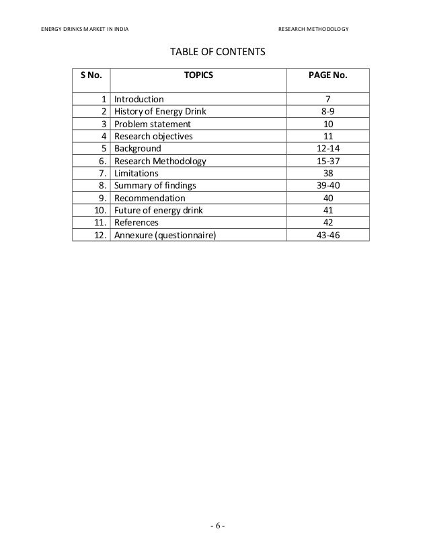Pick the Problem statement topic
tap(153, 124)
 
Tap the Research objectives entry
tap(153, 136)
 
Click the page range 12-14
tap(327, 149)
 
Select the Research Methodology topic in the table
tap(161, 162)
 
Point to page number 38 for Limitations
tap(327, 174)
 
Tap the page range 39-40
tap(327, 186)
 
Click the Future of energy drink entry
tap(159, 210)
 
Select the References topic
tap(136, 222)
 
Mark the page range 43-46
tap(327, 235)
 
